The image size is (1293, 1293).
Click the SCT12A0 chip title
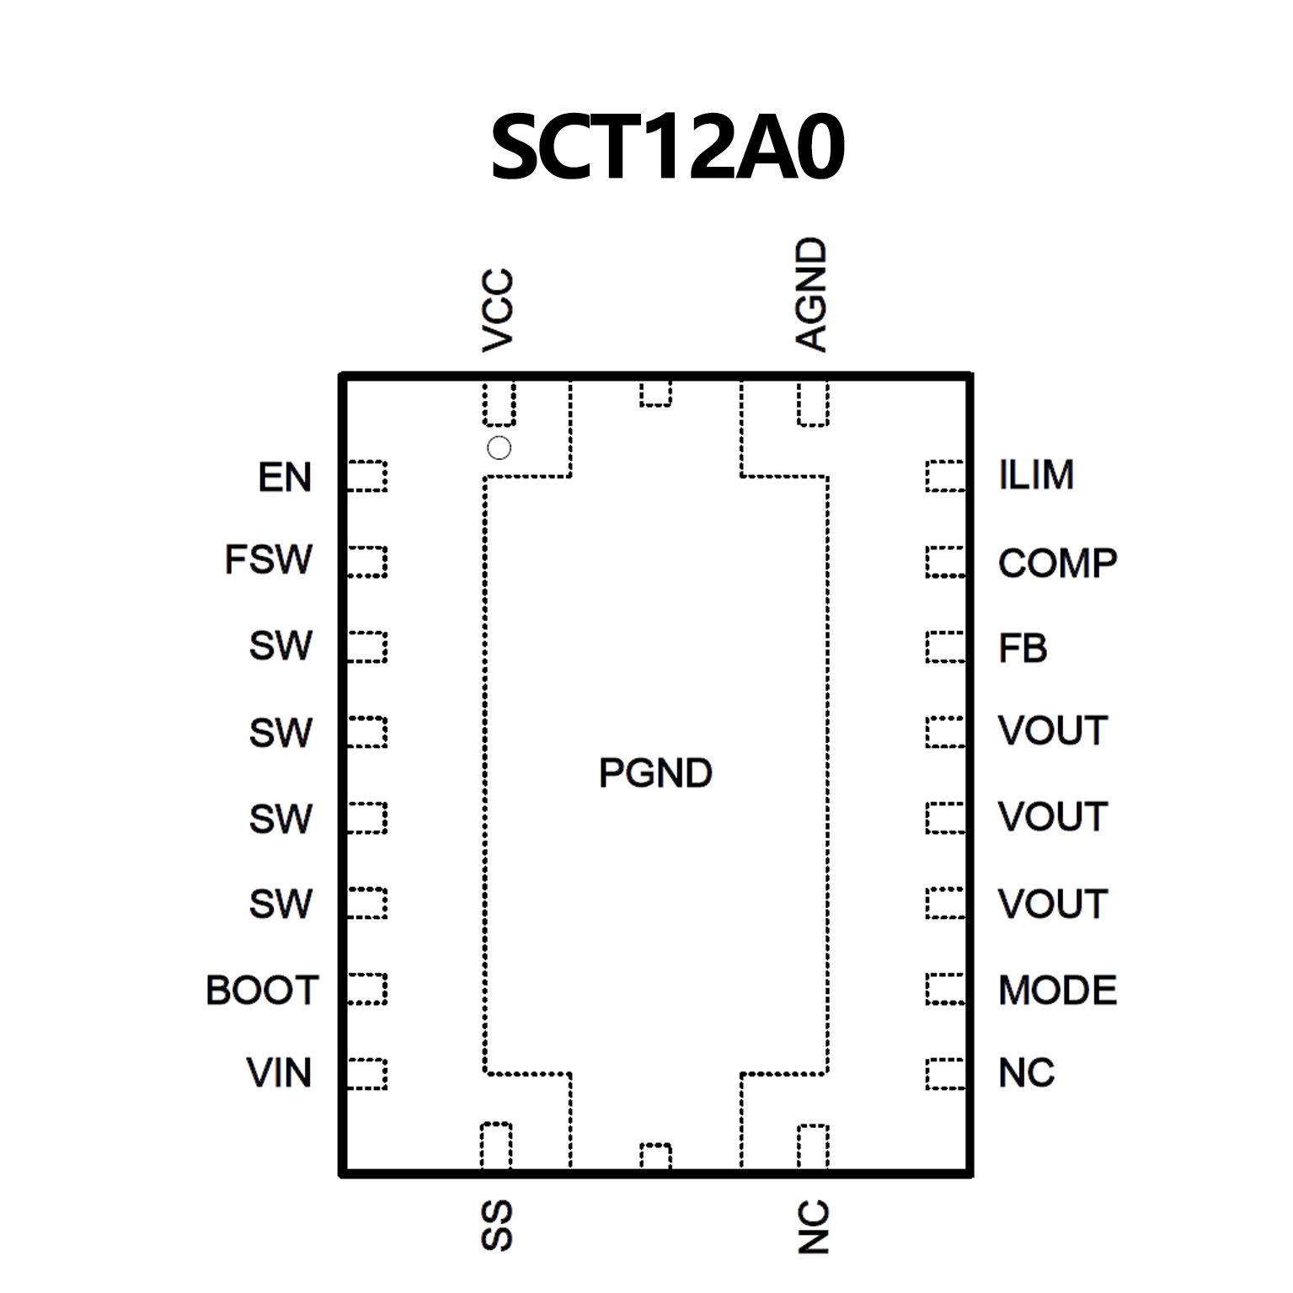point(667,148)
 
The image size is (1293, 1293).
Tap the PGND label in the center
point(655,773)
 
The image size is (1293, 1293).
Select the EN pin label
point(285,478)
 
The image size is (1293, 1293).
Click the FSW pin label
point(268,560)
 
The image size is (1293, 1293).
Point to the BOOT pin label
point(262,991)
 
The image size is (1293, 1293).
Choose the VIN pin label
point(279,1073)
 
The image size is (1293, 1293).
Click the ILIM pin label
point(1036,475)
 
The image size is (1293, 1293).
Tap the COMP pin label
point(1057,564)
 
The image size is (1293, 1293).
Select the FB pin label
point(1023,649)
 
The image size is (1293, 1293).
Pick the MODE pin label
point(1057,991)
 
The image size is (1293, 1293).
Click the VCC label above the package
point(498,310)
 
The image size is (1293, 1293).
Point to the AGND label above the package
point(812,294)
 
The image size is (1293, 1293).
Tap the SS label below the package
point(497,1226)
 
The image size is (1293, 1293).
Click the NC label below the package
point(814,1227)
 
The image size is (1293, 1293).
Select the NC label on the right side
point(1026,1073)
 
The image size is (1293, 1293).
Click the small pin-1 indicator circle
point(499,448)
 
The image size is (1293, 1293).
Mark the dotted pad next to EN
point(367,476)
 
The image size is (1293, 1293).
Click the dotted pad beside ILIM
point(944,476)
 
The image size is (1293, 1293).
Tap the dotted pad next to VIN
point(367,1074)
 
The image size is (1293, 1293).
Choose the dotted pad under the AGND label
point(813,403)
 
